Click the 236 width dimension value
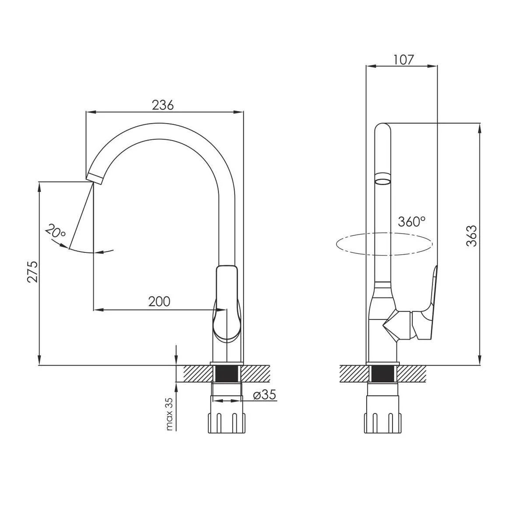[163, 105]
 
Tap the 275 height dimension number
[33, 272]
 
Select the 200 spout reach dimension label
[159, 301]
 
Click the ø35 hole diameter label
[264, 395]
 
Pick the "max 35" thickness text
[169, 414]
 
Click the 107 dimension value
[403, 60]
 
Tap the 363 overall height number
[472, 236]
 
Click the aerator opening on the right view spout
[382, 182]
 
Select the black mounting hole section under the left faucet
[226, 374]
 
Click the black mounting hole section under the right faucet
[382, 374]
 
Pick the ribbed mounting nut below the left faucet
[226, 423]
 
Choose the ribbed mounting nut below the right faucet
[382, 423]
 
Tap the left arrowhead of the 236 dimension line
[91, 112]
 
